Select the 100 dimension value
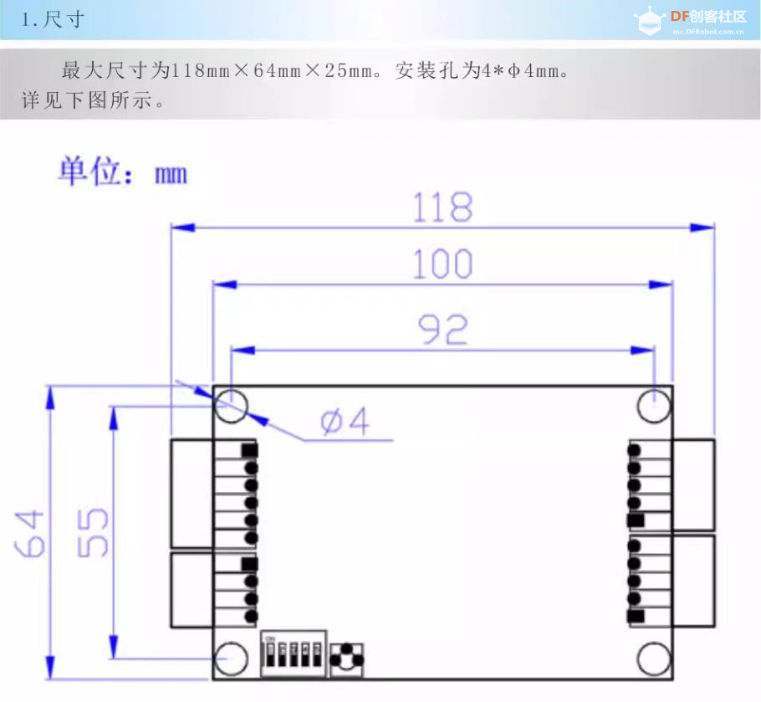pyautogui.click(x=442, y=265)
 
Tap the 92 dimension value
pyautogui.click(x=442, y=331)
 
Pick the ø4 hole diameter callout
pyautogui.click(x=345, y=423)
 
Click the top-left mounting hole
pyautogui.click(x=232, y=407)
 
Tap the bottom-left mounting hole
pyautogui.click(x=232, y=658)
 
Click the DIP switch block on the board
pyautogui.click(x=294, y=653)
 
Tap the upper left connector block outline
pyautogui.click(x=192, y=493)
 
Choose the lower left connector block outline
pyautogui.click(x=192, y=590)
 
